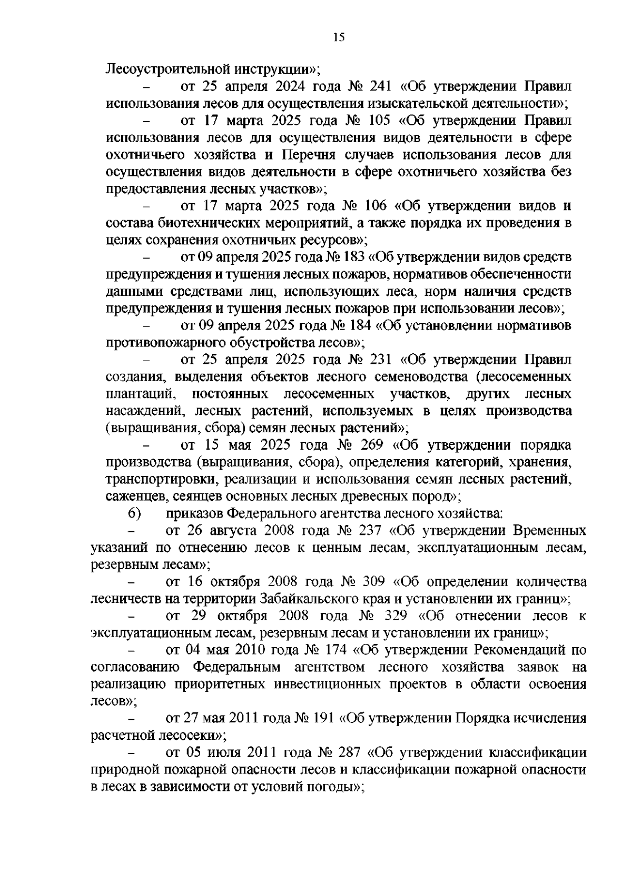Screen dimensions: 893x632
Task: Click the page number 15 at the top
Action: (x=339, y=37)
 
